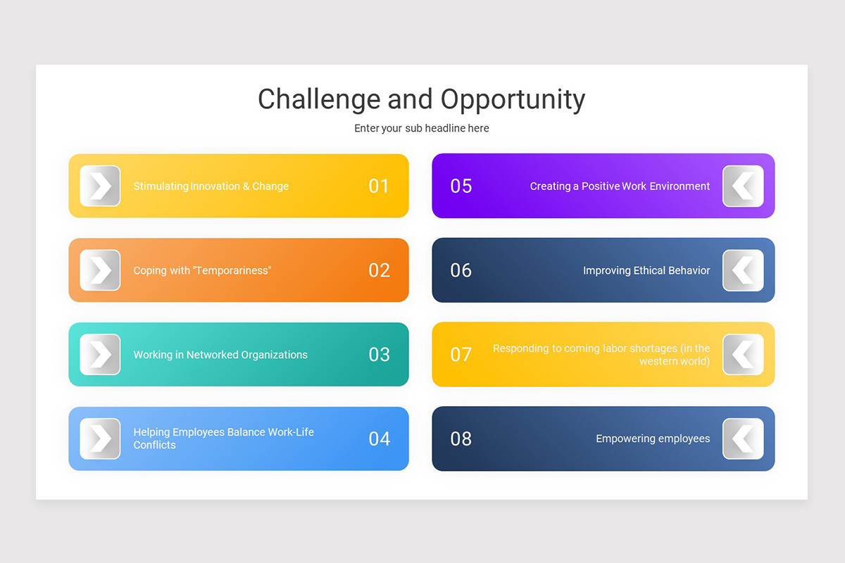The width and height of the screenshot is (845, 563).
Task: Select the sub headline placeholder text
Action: pos(422,128)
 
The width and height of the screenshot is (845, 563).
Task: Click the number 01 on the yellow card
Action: pos(379,186)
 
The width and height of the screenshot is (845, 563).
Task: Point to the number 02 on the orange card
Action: pos(379,270)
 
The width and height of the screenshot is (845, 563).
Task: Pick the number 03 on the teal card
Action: pos(379,355)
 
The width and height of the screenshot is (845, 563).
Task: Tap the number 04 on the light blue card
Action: pos(379,439)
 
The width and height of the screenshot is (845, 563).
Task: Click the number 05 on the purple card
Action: pos(461,186)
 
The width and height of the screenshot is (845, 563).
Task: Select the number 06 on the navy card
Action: pos(461,270)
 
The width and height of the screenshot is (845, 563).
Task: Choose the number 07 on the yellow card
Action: pos(461,354)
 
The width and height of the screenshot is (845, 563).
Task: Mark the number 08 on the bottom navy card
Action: pos(461,439)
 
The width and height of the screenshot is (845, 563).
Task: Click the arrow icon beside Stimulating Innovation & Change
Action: pos(100,186)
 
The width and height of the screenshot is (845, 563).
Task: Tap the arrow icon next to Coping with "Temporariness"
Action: pos(100,270)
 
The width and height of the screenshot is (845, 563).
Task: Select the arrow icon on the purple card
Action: pos(743,186)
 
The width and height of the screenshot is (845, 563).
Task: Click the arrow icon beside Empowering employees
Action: pos(743,439)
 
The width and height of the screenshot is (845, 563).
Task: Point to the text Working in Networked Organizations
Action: pos(220,355)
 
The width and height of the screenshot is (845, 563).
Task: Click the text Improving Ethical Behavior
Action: pos(646,270)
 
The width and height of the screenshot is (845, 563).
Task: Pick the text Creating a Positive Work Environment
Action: pos(620,186)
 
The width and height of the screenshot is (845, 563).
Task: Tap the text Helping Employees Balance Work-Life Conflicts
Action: pos(223,438)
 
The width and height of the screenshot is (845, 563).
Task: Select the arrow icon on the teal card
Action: pos(100,355)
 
